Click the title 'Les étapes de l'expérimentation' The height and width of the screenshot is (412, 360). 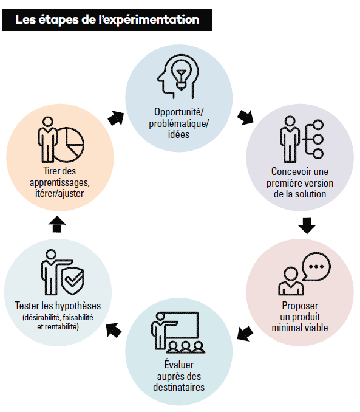point(107,19)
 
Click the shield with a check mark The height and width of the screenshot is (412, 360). point(72,281)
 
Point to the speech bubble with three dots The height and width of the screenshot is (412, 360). point(316,266)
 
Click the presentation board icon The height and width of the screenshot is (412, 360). point(181,325)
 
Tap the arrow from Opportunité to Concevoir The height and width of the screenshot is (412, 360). point(245,117)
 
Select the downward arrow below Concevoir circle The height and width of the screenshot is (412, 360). point(307,225)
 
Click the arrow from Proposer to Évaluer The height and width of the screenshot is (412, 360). point(245,334)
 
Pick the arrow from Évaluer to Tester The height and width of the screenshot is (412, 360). point(114,331)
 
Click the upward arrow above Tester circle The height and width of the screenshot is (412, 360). point(57,224)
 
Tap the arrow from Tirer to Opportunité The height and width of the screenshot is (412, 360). point(116,118)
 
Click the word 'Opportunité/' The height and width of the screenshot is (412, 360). point(179,112)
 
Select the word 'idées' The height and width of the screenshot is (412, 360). point(178,134)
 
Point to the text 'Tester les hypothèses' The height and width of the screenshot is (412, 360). point(58,306)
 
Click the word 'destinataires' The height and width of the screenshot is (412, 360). point(179,387)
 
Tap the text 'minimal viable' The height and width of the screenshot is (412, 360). point(300,328)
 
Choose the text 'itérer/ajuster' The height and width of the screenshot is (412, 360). point(59,193)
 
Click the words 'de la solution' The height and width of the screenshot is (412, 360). point(300,194)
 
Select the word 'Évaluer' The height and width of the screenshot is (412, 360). point(179,364)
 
